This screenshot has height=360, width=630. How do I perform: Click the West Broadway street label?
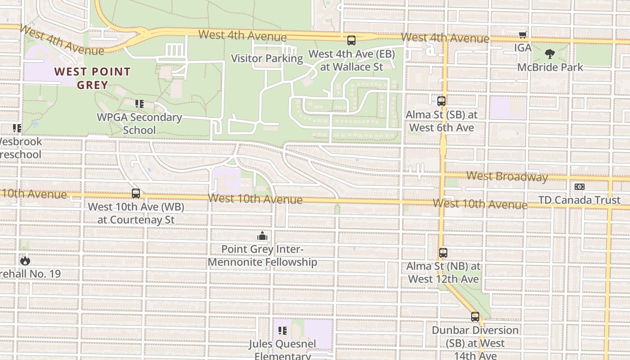(x=507, y=176)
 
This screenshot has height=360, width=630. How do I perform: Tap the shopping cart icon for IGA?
(x=522, y=35)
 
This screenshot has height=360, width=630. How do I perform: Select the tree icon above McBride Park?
(x=549, y=54)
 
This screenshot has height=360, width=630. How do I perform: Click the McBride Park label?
(x=550, y=67)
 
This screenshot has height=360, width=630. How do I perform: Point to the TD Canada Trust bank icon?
(x=580, y=187)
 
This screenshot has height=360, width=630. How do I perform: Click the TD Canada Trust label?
(x=580, y=200)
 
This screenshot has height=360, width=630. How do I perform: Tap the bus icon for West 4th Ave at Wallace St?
(x=351, y=40)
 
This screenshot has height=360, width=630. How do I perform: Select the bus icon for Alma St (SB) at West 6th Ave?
(x=441, y=101)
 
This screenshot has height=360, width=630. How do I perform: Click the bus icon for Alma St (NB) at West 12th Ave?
(x=443, y=253)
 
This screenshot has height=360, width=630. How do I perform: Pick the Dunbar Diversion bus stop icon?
(x=475, y=317)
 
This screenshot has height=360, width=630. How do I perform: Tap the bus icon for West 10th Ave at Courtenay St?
(x=136, y=193)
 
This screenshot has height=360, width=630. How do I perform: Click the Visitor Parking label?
(x=267, y=58)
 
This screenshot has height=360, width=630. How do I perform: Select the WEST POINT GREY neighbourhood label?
(x=92, y=78)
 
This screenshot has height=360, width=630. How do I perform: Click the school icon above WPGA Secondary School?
(x=139, y=104)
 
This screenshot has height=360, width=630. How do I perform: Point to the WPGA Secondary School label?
(x=139, y=124)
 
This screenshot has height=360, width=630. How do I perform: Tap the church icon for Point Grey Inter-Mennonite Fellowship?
(x=262, y=236)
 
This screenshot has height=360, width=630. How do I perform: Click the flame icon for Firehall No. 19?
(x=25, y=260)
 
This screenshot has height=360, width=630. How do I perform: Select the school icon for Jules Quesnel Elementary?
(x=283, y=331)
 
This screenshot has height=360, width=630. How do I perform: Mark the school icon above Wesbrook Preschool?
(x=17, y=128)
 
